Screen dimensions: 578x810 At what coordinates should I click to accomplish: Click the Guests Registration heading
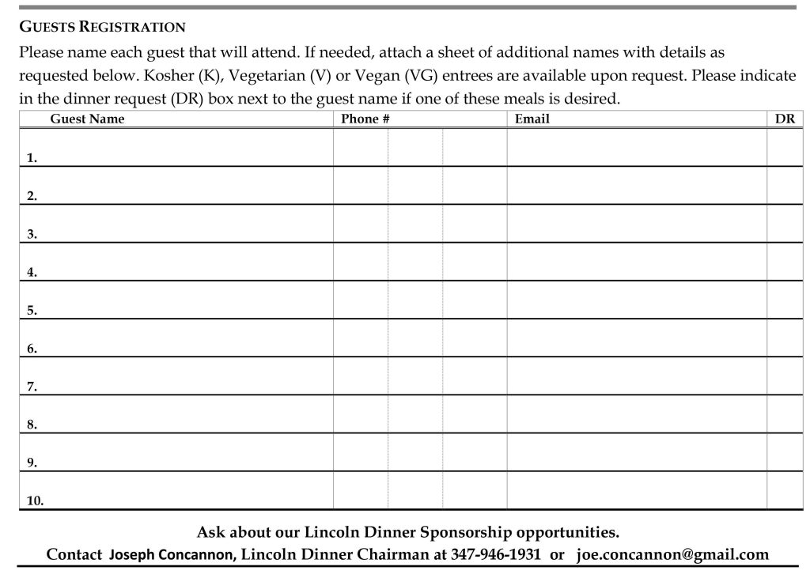click(102, 27)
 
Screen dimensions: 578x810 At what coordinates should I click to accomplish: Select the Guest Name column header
click(87, 119)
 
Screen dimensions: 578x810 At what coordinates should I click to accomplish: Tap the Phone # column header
click(365, 119)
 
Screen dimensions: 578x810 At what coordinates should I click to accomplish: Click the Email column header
click(532, 119)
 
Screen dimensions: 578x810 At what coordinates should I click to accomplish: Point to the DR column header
click(785, 119)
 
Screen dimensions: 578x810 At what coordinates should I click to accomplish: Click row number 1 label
click(32, 158)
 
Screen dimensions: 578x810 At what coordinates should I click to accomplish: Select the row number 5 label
click(32, 311)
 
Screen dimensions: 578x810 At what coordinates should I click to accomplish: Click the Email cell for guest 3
click(636, 224)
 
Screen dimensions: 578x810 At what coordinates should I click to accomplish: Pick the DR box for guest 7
click(785, 376)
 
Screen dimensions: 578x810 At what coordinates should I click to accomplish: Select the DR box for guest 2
click(785, 186)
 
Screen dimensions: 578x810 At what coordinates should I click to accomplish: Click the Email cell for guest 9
click(636, 452)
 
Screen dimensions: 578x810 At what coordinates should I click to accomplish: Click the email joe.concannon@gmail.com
click(672, 554)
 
